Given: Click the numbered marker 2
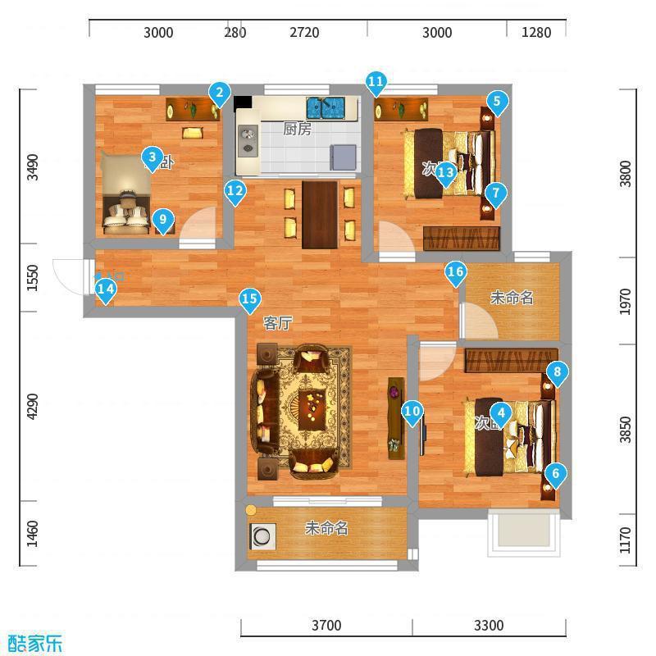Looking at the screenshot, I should click(x=218, y=93).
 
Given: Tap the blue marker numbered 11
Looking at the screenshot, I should click(x=376, y=82).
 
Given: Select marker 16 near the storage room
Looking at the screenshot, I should click(x=456, y=272).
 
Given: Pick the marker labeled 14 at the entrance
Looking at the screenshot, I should click(x=105, y=289).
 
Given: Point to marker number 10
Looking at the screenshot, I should click(x=412, y=412).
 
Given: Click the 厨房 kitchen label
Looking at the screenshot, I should click(x=297, y=129).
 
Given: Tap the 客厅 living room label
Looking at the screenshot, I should click(x=278, y=323).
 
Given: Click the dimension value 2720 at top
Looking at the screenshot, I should click(x=304, y=33).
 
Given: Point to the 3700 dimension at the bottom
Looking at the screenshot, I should click(x=326, y=626).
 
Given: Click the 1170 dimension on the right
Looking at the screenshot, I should click(x=626, y=540).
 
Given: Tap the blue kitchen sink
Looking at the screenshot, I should click(x=326, y=107).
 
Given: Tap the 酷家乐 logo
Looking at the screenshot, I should click(x=34, y=643).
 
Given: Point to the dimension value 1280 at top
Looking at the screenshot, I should click(x=536, y=33).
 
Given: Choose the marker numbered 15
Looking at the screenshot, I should click(x=249, y=300).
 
